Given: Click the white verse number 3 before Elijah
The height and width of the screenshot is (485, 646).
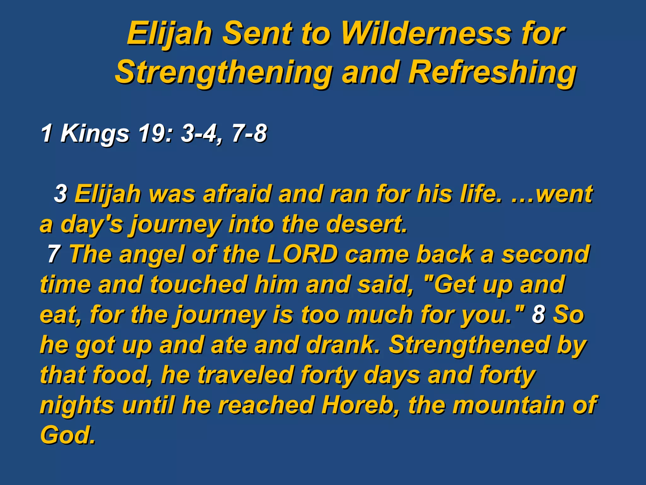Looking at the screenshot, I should click(x=61, y=194).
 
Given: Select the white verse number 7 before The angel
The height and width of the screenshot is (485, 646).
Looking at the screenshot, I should click(x=54, y=254).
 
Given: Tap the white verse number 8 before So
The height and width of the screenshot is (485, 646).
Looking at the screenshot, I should click(x=539, y=314).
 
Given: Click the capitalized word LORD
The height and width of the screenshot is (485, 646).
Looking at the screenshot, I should click(x=302, y=254).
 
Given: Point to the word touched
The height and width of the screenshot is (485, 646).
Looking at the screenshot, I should click(x=199, y=284).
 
